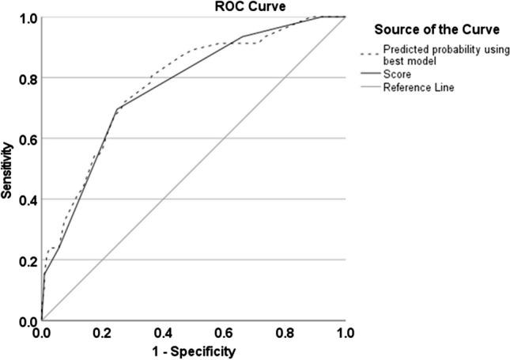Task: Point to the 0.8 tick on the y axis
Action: tap(27, 78)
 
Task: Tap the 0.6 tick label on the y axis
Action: tap(27, 138)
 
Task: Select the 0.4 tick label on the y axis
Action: tap(27, 199)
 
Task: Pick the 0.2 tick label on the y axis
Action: tap(27, 260)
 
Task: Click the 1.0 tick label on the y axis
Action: tap(27, 17)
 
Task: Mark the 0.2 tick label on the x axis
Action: tap(103, 333)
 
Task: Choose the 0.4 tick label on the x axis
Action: tap(164, 333)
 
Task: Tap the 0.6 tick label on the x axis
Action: tap(225, 333)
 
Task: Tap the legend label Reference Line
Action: tap(418, 86)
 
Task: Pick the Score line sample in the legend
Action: tap(369, 74)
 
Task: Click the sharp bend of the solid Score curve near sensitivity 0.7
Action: tap(118, 108)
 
